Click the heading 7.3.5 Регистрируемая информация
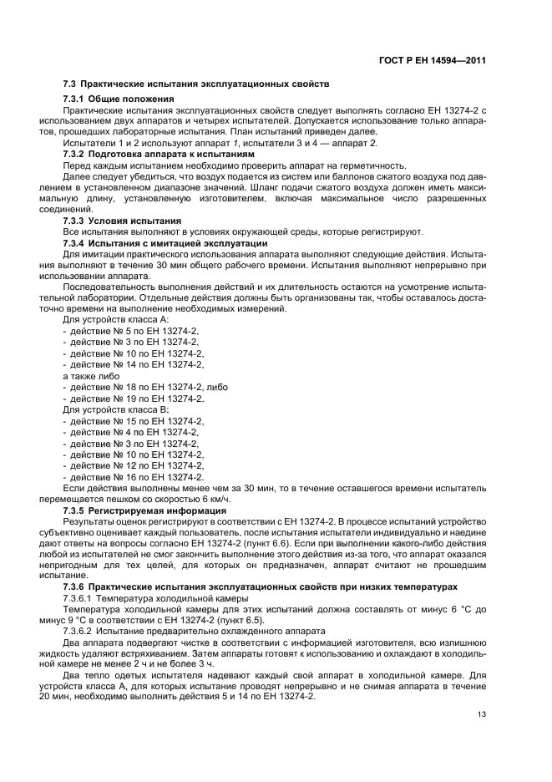tap(137, 508)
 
